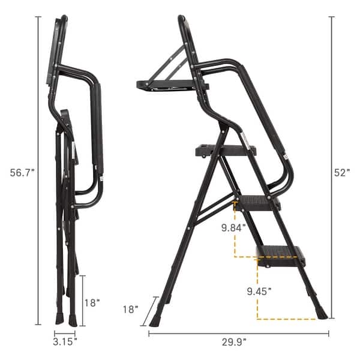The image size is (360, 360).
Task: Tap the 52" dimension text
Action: pyautogui.click(x=342, y=172)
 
